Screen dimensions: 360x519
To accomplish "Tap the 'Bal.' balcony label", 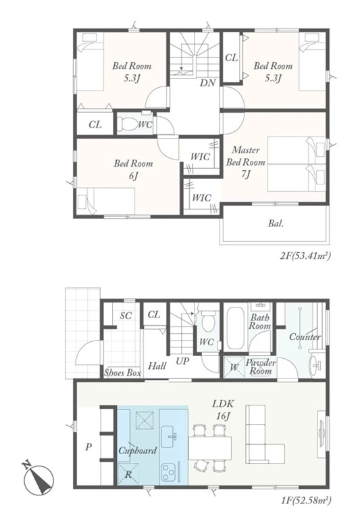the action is point(276,224).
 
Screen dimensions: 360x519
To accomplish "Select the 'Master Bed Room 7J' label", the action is point(245,162).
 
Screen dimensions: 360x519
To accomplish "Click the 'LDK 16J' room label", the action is point(224,410).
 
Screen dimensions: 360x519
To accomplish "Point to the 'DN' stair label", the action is point(207,82).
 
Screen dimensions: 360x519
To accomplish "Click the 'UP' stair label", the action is point(182,361).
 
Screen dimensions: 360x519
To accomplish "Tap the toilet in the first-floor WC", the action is point(208,321).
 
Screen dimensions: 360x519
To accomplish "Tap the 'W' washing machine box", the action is point(234,367).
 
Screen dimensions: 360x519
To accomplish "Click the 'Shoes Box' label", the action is point(122,372).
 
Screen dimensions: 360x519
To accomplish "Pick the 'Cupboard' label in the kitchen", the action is point(137,451).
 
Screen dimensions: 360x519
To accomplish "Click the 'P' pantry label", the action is point(88,448).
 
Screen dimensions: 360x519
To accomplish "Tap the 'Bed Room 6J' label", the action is point(133,170).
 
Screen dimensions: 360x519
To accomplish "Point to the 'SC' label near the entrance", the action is point(126,316).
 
